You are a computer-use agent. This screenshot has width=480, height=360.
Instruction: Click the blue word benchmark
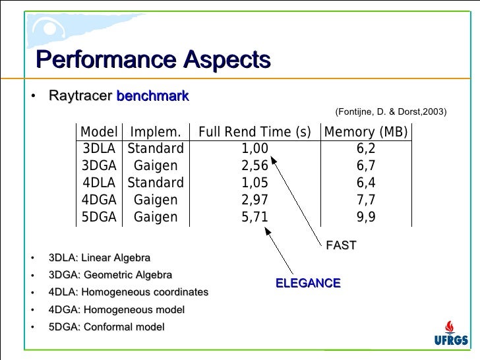153,96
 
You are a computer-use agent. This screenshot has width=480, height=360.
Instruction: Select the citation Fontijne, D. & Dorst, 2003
391,113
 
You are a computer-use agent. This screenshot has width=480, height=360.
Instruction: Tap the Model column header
99,132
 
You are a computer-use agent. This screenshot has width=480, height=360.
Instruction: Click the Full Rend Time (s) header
255,132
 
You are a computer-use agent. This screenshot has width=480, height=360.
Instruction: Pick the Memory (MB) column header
366,132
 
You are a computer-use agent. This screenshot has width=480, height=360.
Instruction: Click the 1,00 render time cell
255,149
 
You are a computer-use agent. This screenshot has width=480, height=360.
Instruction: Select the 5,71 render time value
255,218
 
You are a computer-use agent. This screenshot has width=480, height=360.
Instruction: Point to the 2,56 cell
255,166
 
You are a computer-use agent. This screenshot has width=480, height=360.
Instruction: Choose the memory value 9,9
366,218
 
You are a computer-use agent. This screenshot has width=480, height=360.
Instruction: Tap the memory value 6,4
366,183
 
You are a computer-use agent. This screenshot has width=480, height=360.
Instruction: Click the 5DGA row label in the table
99,218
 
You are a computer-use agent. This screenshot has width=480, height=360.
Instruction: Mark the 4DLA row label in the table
99,183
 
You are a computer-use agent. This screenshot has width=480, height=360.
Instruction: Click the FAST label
341,245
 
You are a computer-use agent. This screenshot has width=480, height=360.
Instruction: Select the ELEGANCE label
308,284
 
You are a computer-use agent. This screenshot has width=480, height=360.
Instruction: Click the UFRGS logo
451,333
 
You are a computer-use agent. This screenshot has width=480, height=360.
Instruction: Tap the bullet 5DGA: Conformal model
107,327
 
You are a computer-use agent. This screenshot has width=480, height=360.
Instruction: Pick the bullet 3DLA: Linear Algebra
100,258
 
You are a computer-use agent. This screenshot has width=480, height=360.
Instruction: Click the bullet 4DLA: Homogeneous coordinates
129,292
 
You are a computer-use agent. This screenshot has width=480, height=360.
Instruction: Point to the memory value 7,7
366,200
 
